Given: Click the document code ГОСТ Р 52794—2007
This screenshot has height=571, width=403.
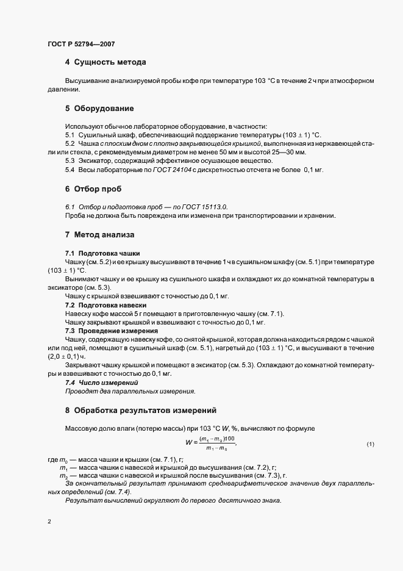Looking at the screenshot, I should (x=80, y=43).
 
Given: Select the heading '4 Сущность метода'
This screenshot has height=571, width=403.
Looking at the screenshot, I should (x=105, y=62).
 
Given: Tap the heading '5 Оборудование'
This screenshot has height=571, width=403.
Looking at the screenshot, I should (x=99, y=109).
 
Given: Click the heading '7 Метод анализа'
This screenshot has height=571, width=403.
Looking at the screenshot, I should (x=100, y=234).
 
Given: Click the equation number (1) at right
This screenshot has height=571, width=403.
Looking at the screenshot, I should (x=370, y=444).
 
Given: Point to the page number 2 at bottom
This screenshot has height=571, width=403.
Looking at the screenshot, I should (x=49, y=522).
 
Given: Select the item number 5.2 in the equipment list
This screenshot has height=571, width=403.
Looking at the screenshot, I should (x=70, y=143).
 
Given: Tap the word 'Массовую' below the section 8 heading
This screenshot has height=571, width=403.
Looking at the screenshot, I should (x=82, y=428).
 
